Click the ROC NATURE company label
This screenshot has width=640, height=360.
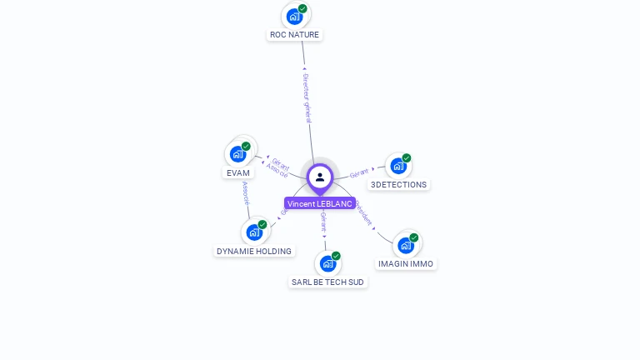coord(294,35)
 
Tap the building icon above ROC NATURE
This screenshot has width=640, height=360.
coord(294,16)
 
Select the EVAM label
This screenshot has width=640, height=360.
coord(237,173)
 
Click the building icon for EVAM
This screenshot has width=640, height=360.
coord(237,153)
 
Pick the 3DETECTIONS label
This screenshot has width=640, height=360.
coord(398,185)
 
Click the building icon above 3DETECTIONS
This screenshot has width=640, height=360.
coord(397,166)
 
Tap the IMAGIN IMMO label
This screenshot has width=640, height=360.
coord(406,264)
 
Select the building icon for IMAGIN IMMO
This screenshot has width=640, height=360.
coord(405,245)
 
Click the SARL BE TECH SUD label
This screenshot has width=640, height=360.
coord(328,282)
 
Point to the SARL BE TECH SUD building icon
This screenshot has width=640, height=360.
coord(327,263)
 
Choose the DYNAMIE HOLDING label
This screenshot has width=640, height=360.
coord(254,252)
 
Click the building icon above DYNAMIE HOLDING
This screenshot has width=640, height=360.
coord(253,232)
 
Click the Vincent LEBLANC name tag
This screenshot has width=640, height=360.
coord(320,203)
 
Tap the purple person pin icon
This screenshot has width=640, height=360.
coord(320,177)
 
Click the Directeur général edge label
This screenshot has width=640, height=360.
coord(306,97)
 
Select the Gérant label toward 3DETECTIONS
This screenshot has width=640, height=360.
coord(359,172)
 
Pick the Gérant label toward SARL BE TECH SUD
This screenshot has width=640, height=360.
coord(323,222)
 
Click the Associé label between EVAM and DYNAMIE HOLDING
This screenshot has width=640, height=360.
coord(245,193)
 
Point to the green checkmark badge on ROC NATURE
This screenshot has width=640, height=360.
coord(302,8)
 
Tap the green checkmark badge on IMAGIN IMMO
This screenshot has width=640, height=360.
coord(413,237)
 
